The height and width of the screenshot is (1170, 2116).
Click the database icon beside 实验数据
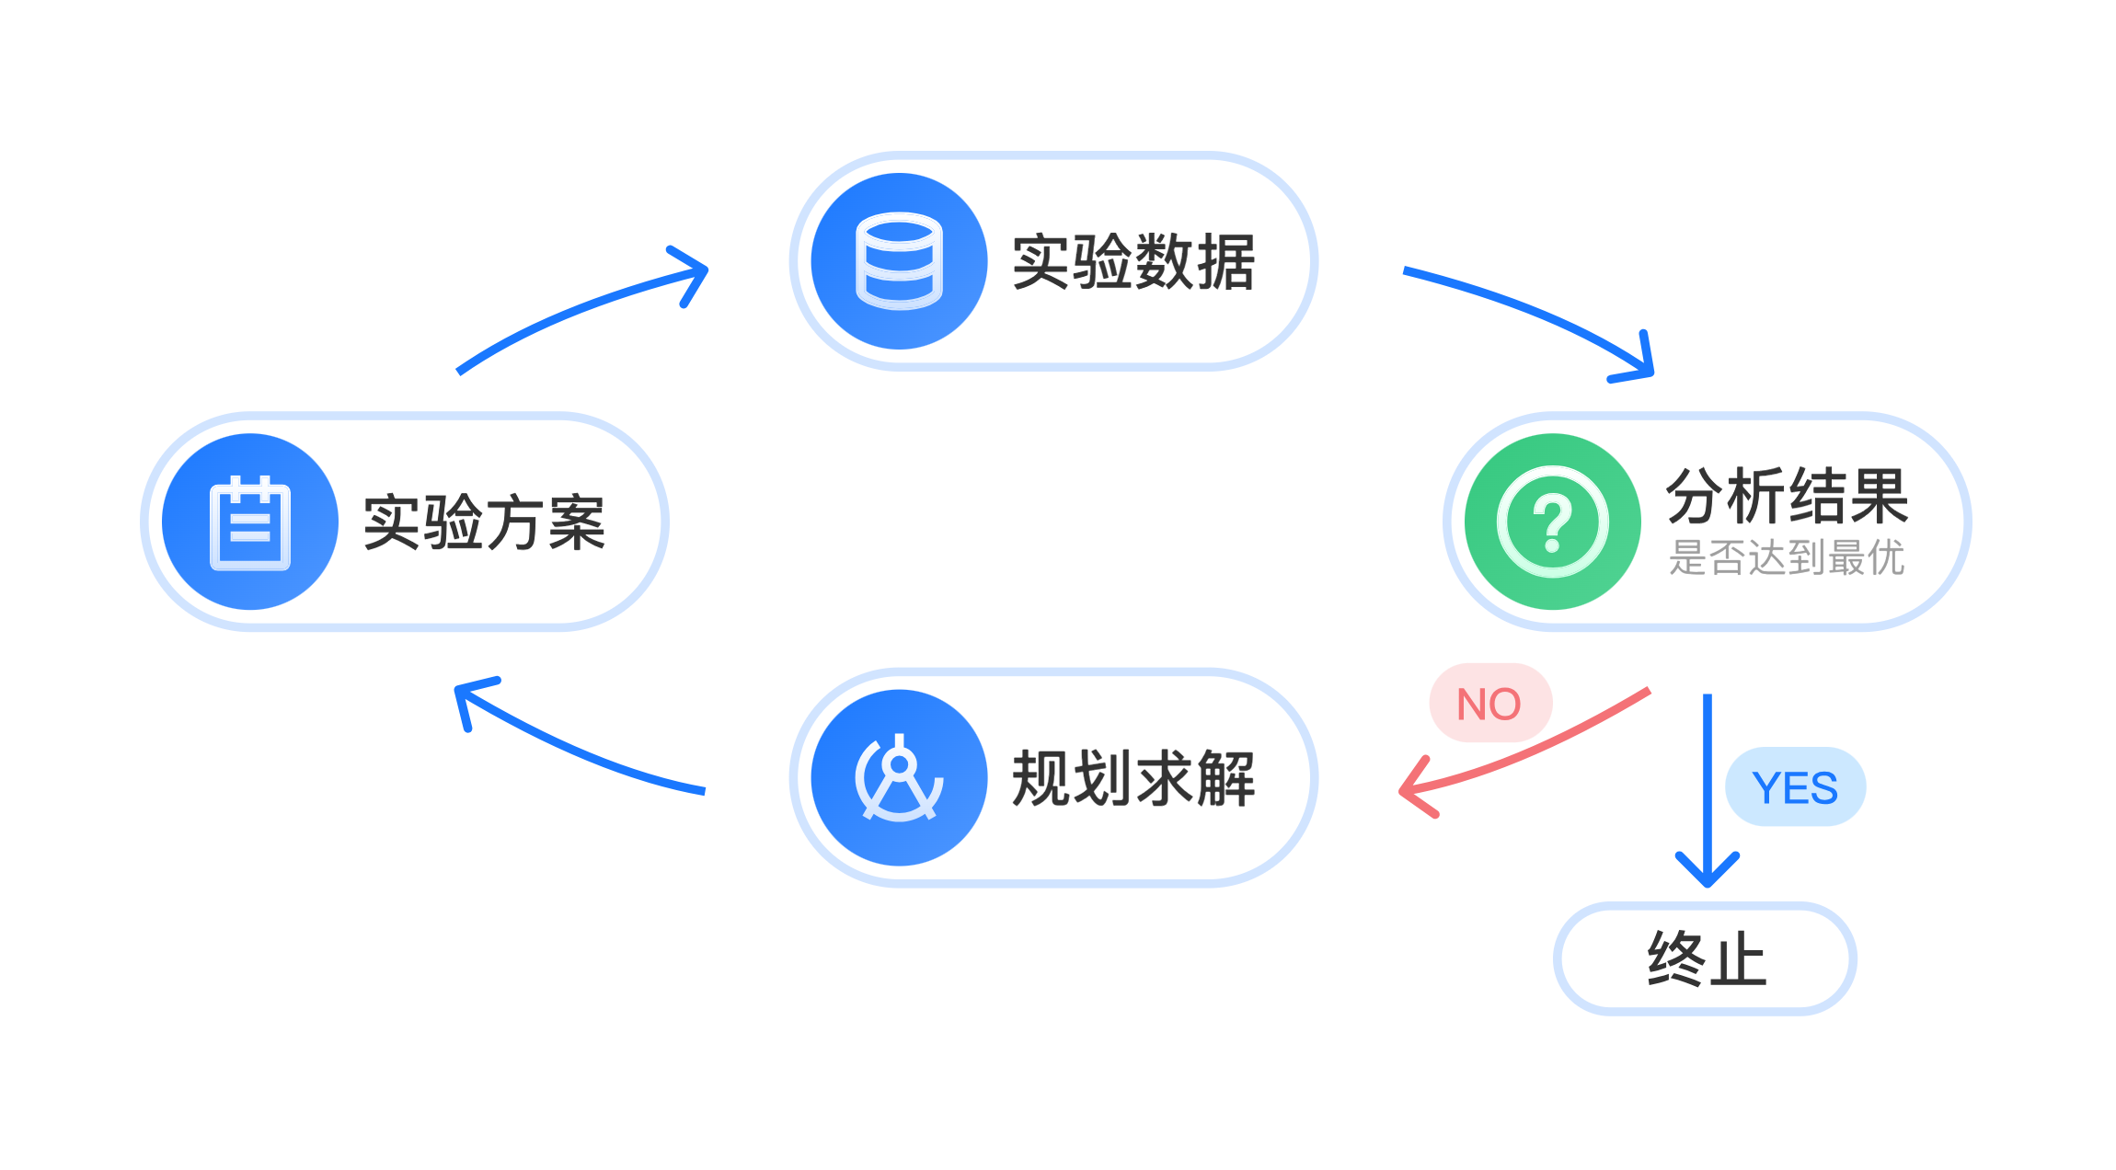click(899, 261)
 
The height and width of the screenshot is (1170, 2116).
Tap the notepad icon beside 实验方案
click(250, 522)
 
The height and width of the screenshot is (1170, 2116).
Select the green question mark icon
click(1552, 522)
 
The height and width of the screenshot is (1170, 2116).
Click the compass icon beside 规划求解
click(899, 778)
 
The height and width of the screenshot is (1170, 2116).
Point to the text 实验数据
click(1133, 262)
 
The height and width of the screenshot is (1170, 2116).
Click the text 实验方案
click(484, 522)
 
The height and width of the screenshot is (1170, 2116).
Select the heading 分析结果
click(1787, 497)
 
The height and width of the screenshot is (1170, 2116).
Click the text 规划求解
click(1133, 779)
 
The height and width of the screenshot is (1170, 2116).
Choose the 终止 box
click(1705, 958)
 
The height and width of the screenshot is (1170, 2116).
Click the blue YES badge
click(1795, 787)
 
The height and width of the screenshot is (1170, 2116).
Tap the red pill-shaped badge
click(1490, 702)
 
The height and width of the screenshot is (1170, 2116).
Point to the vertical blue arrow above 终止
click(1708, 782)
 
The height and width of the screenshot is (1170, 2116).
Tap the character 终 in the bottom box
click(1676, 958)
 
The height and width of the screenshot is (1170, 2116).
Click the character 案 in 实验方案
click(577, 522)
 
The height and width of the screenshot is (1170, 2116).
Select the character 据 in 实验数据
click(1226, 262)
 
